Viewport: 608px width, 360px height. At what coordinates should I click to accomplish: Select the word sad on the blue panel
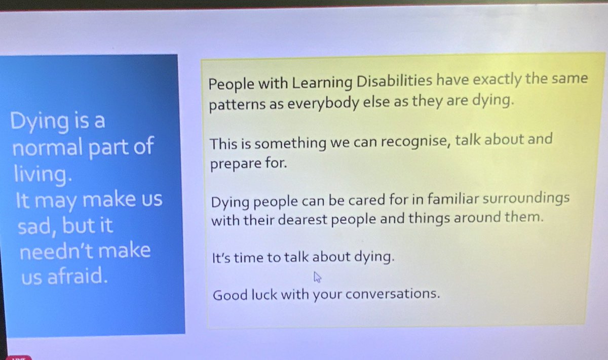(x=37, y=226)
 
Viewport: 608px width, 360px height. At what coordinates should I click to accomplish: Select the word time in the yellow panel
(x=248, y=258)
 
